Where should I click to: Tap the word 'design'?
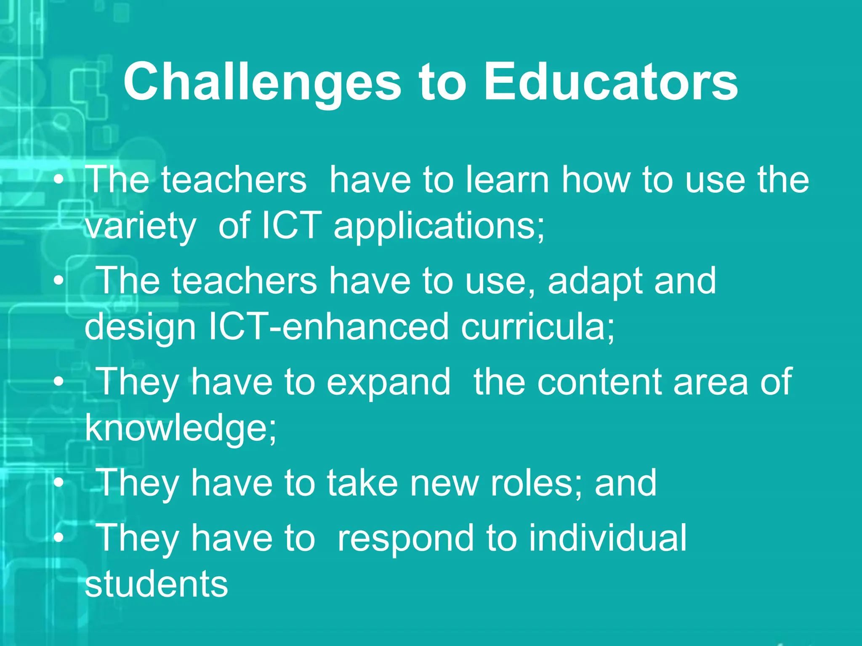click(141, 328)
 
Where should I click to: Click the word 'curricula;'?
click(537, 327)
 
